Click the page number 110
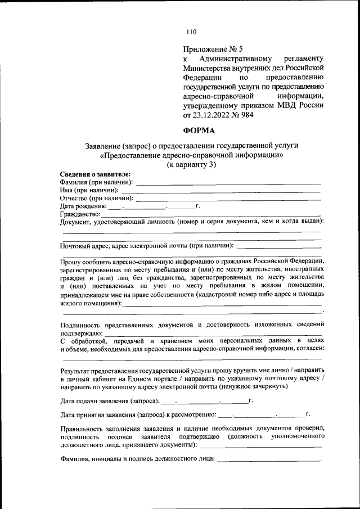(x=191, y=31)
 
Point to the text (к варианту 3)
(x=191, y=165)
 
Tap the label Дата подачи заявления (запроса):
(x=110, y=402)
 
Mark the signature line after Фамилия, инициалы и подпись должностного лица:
(x=269, y=462)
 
